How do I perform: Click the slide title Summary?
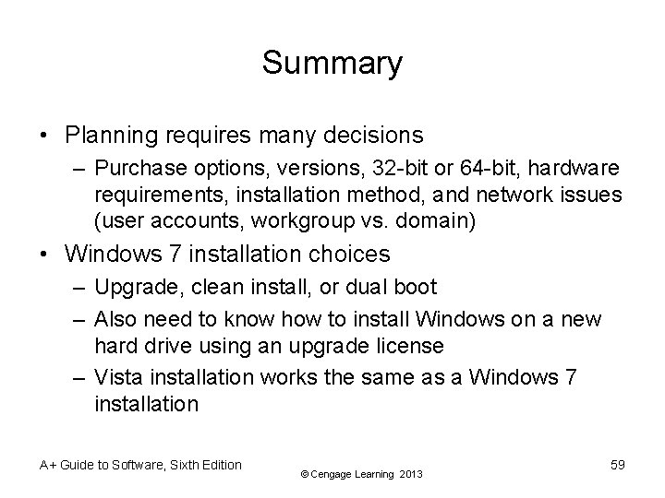click(x=332, y=64)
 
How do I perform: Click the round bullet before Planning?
click(x=45, y=136)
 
